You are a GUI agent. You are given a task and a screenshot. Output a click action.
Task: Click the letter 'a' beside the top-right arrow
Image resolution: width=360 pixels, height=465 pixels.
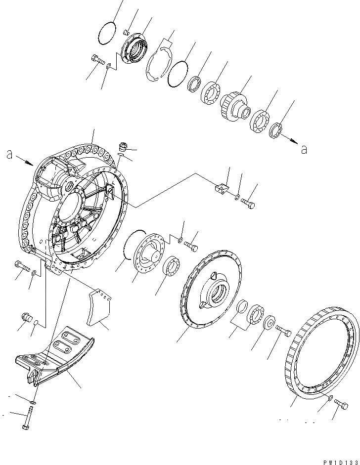tap(304, 149)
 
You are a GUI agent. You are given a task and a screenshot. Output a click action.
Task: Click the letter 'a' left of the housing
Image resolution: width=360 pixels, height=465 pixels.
tap(9, 155)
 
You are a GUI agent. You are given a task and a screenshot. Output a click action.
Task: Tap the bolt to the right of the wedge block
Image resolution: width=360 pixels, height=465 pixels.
tap(248, 203)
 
